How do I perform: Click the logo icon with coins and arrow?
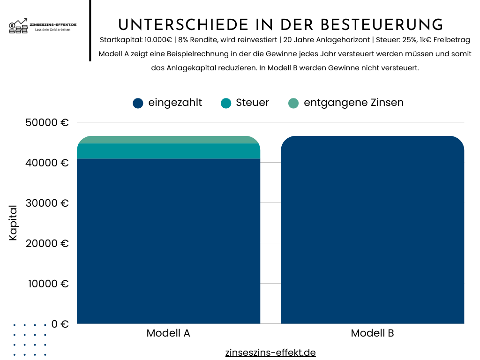coord(19,26)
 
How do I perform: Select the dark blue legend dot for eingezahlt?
coord(138,103)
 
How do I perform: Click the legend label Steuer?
coord(252,103)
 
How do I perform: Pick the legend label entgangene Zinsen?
coord(353,103)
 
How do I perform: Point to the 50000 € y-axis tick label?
coord(46,123)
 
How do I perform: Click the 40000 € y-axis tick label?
coord(46,163)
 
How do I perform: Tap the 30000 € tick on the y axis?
coord(46,203)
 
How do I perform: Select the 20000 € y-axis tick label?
coord(46,244)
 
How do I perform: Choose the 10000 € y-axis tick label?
coord(46,284)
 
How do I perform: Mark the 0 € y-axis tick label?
coord(60,324)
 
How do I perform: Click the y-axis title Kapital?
coord(13,223)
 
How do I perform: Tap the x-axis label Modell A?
coord(168,333)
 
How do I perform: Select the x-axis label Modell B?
coord(372,333)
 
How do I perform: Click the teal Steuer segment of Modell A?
coord(168,151)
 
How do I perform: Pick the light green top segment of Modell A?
coord(168,140)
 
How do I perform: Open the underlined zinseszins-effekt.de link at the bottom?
coord(270,352)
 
